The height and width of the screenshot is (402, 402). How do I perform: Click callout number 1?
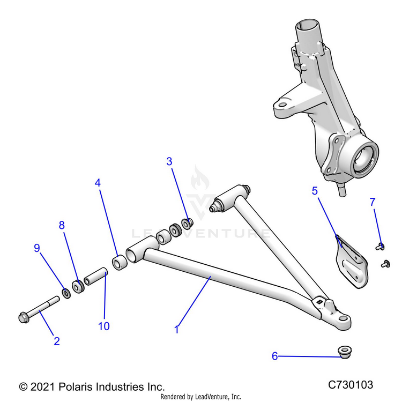[x=177, y=330]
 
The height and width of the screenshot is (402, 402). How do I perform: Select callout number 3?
[x=169, y=161]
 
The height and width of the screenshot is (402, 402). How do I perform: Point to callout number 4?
[x=98, y=183]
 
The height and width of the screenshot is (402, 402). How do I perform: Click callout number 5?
[x=315, y=190]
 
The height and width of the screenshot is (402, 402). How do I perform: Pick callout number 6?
[x=275, y=356]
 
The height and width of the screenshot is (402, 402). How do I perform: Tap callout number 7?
[x=373, y=202]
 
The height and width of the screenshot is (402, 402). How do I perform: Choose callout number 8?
[x=62, y=226]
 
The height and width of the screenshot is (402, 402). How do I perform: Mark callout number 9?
[x=37, y=248]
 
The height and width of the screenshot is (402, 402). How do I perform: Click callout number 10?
[x=104, y=326]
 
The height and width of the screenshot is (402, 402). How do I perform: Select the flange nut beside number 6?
[x=341, y=352]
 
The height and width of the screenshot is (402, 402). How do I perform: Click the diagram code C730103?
[x=351, y=385]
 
